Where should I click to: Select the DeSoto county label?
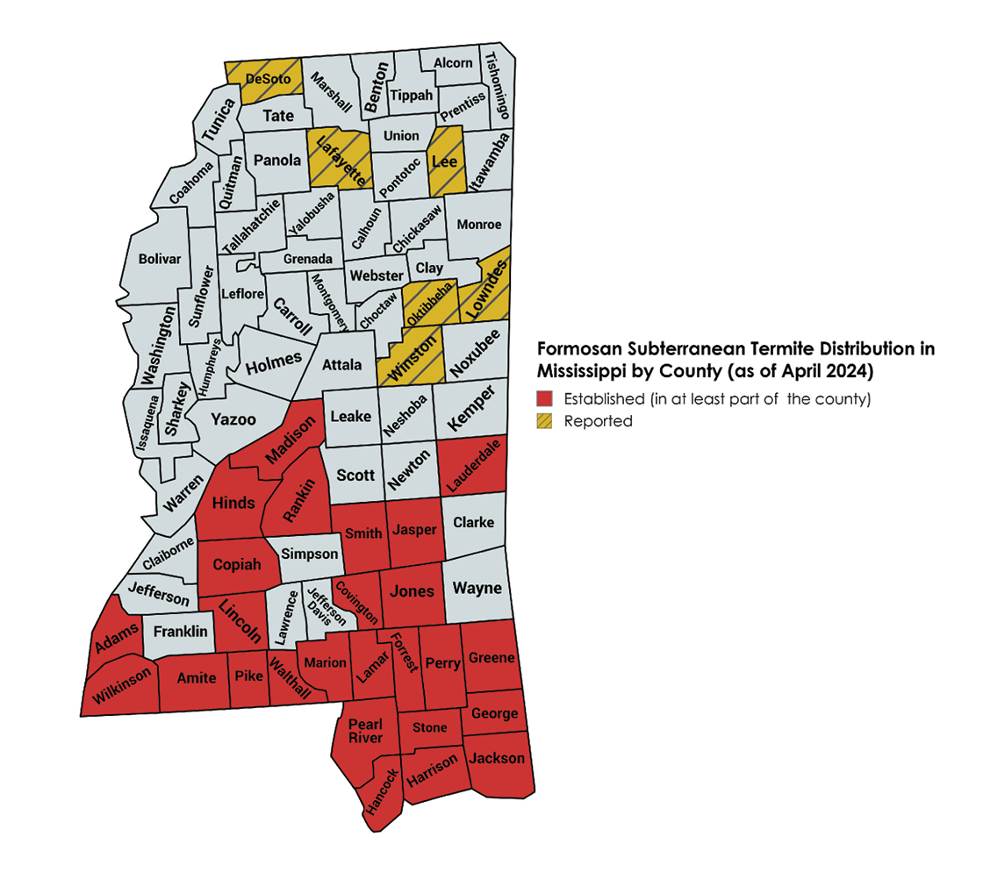pos(268,79)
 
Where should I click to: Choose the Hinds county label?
pos(233,503)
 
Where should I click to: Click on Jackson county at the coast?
pos(497,758)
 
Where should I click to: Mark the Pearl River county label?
pos(365,731)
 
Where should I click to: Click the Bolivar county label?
pos(160,259)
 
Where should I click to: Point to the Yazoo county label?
pos(233,419)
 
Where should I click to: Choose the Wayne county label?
pos(477,588)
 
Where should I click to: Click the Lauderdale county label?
pos(473,466)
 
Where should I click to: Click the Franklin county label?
pos(180,631)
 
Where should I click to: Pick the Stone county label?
pos(429,727)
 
